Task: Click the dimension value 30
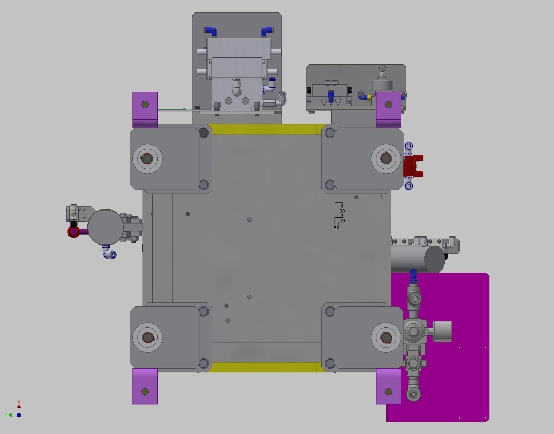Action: click(342, 211)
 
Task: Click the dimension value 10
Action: click(343, 221)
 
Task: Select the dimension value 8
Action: click(338, 227)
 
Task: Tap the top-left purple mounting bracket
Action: click(145, 108)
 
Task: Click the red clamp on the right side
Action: click(414, 166)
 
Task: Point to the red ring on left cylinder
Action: click(73, 231)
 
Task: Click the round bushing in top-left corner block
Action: click(147, 159)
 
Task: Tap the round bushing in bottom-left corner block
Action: click(147, 337)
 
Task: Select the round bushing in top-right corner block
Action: click(386, 159)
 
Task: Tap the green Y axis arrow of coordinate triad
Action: click(11, 415)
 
